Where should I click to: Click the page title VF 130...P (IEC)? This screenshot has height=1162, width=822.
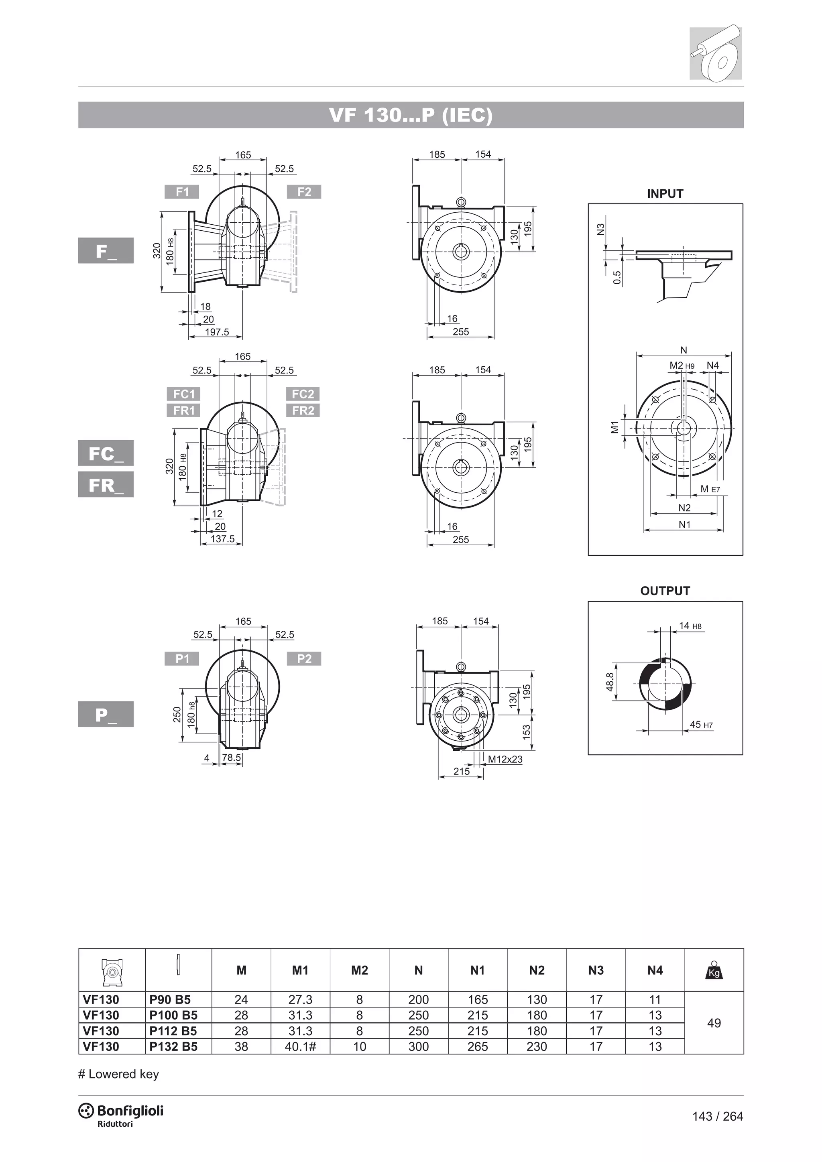click(411, 116)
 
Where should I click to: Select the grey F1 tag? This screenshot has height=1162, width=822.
click(182, 192)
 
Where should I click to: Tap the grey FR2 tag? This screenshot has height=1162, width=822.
click(303, 410)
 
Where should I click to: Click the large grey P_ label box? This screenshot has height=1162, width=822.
click(106, 714)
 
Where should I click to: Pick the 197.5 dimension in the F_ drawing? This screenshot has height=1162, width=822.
click(217, 332)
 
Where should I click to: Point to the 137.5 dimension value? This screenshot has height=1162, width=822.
click(223, 539)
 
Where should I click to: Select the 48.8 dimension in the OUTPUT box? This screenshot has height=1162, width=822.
click(610, 682)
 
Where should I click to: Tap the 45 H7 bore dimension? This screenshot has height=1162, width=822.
click(701, 725)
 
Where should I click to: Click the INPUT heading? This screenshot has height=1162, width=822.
click(665, 193)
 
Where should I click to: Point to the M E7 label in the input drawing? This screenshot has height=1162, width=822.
click(710, 489)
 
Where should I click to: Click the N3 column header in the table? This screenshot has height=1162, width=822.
click(596, 970)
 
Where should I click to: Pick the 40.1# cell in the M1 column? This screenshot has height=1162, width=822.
click(300, 1046)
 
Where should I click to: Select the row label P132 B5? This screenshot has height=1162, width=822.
click(174, 1046)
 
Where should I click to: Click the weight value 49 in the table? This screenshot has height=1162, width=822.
click(714, 1023)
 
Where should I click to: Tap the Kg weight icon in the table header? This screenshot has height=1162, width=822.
click(714, 970)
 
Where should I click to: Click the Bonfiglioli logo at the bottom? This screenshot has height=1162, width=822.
click(121, 1112)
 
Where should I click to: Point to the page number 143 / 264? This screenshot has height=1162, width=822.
click(717, 1116)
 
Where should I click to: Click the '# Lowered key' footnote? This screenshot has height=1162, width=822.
click(118, 1074)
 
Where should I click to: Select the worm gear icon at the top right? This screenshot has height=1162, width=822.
click(715, 52)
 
